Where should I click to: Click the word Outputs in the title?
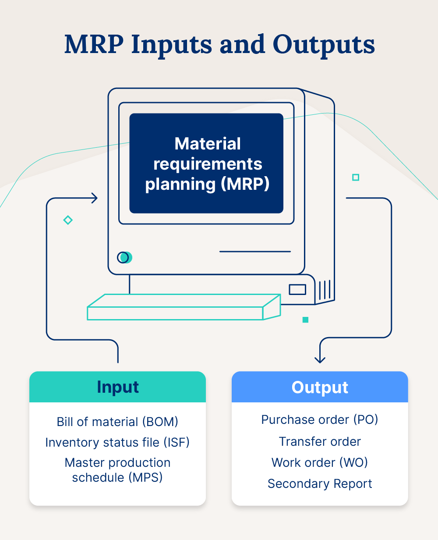point(324,45)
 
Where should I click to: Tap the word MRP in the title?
point(93,45)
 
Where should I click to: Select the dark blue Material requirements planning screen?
point(206,163)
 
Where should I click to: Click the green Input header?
point(117,387)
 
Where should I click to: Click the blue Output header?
point(320,387)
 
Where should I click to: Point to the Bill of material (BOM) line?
point(117,422)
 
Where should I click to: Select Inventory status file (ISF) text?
point(117,442)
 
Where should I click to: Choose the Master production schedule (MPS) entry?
point(117,470)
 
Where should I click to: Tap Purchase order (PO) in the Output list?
point(320,419)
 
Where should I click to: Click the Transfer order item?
point(320,441)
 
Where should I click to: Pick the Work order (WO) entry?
point(320,462)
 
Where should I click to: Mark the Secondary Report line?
point(320,483)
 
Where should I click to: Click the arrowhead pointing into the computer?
point(93,198)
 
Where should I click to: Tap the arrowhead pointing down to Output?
point(320,359)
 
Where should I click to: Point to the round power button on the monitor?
point(124,258)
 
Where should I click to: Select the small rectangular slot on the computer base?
point(297,290)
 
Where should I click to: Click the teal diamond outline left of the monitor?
point(68,220)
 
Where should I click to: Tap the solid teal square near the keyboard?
point(305,320)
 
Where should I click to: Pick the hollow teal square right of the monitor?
point(356,177)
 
